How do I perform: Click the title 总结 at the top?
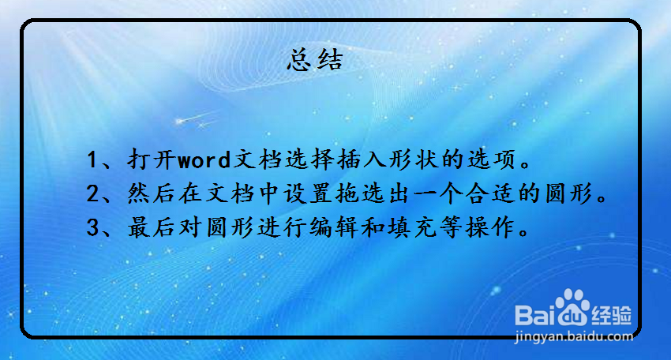point(316,59)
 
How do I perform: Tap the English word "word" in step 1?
point(204,159)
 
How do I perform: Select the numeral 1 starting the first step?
point(92,159)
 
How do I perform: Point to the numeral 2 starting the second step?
point(92,193)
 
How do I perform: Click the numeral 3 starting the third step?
point(92,227)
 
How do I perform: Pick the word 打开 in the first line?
point(152,159)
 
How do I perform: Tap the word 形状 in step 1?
point(414,159)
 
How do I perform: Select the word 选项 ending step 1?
point(492,159)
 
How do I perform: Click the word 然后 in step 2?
point(152,193)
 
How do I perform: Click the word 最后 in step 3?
point(152,227)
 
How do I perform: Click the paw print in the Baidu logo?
point(573,306)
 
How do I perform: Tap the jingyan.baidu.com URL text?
point(573,336)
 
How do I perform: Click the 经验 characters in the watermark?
point(612,316)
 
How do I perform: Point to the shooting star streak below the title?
point(197,118)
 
